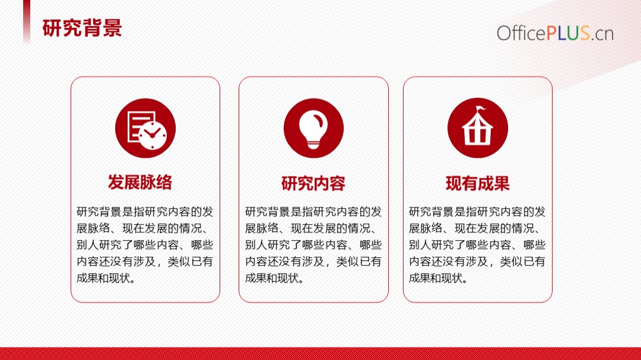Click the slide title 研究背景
point(82,28)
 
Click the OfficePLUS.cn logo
point(555,33)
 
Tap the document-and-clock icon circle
point(145,128)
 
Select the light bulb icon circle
point(313,128)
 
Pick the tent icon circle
point(477,128)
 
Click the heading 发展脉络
point(140,182)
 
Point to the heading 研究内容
point(313,183)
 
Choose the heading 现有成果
point(477,183)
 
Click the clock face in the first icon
point(153,135)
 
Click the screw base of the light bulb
point(313,144)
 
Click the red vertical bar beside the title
point(27,21)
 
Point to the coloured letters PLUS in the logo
point(568,33)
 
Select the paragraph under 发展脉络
point(145,245)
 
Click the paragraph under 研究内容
point(313,245)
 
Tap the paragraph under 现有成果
point(477,245)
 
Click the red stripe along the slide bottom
point(320,353)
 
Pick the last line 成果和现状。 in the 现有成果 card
point(438,278)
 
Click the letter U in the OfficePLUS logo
point(573,33)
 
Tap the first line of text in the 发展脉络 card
point(145,212)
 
